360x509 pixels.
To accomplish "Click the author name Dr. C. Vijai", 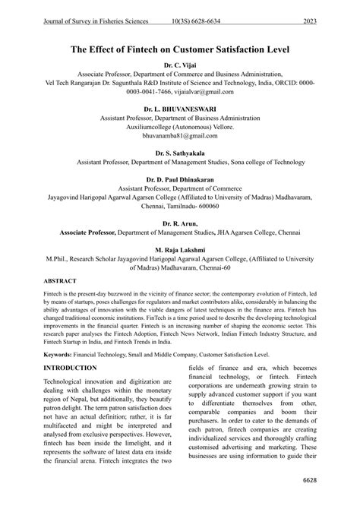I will click(180, 66).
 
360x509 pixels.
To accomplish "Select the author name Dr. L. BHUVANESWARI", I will click(180, 109).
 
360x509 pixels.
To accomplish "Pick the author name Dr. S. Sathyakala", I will click(180, 153).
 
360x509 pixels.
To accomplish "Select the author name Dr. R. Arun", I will click(180, 224).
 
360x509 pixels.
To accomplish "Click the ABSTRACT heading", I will click(65, 280).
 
